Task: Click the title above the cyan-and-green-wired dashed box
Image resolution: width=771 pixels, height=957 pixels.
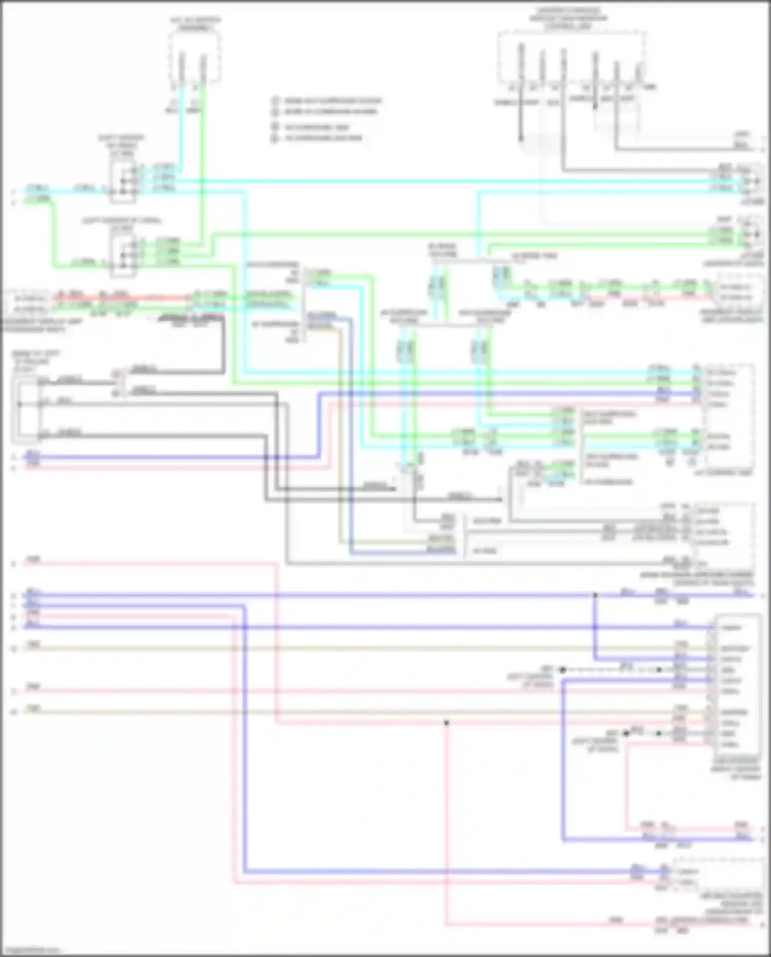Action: click(x=195, y=24)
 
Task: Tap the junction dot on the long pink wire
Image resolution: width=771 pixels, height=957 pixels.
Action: click(x=446, y=723)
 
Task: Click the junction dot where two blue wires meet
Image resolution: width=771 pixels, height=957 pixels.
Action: click(x=595, y=595)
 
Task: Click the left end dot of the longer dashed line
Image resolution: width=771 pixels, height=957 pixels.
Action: click(x=562, y=670)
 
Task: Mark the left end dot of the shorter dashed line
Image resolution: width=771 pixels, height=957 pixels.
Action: click(x=626, y=733)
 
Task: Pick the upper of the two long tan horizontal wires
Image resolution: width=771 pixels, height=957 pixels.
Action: click(x=360, y=648)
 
